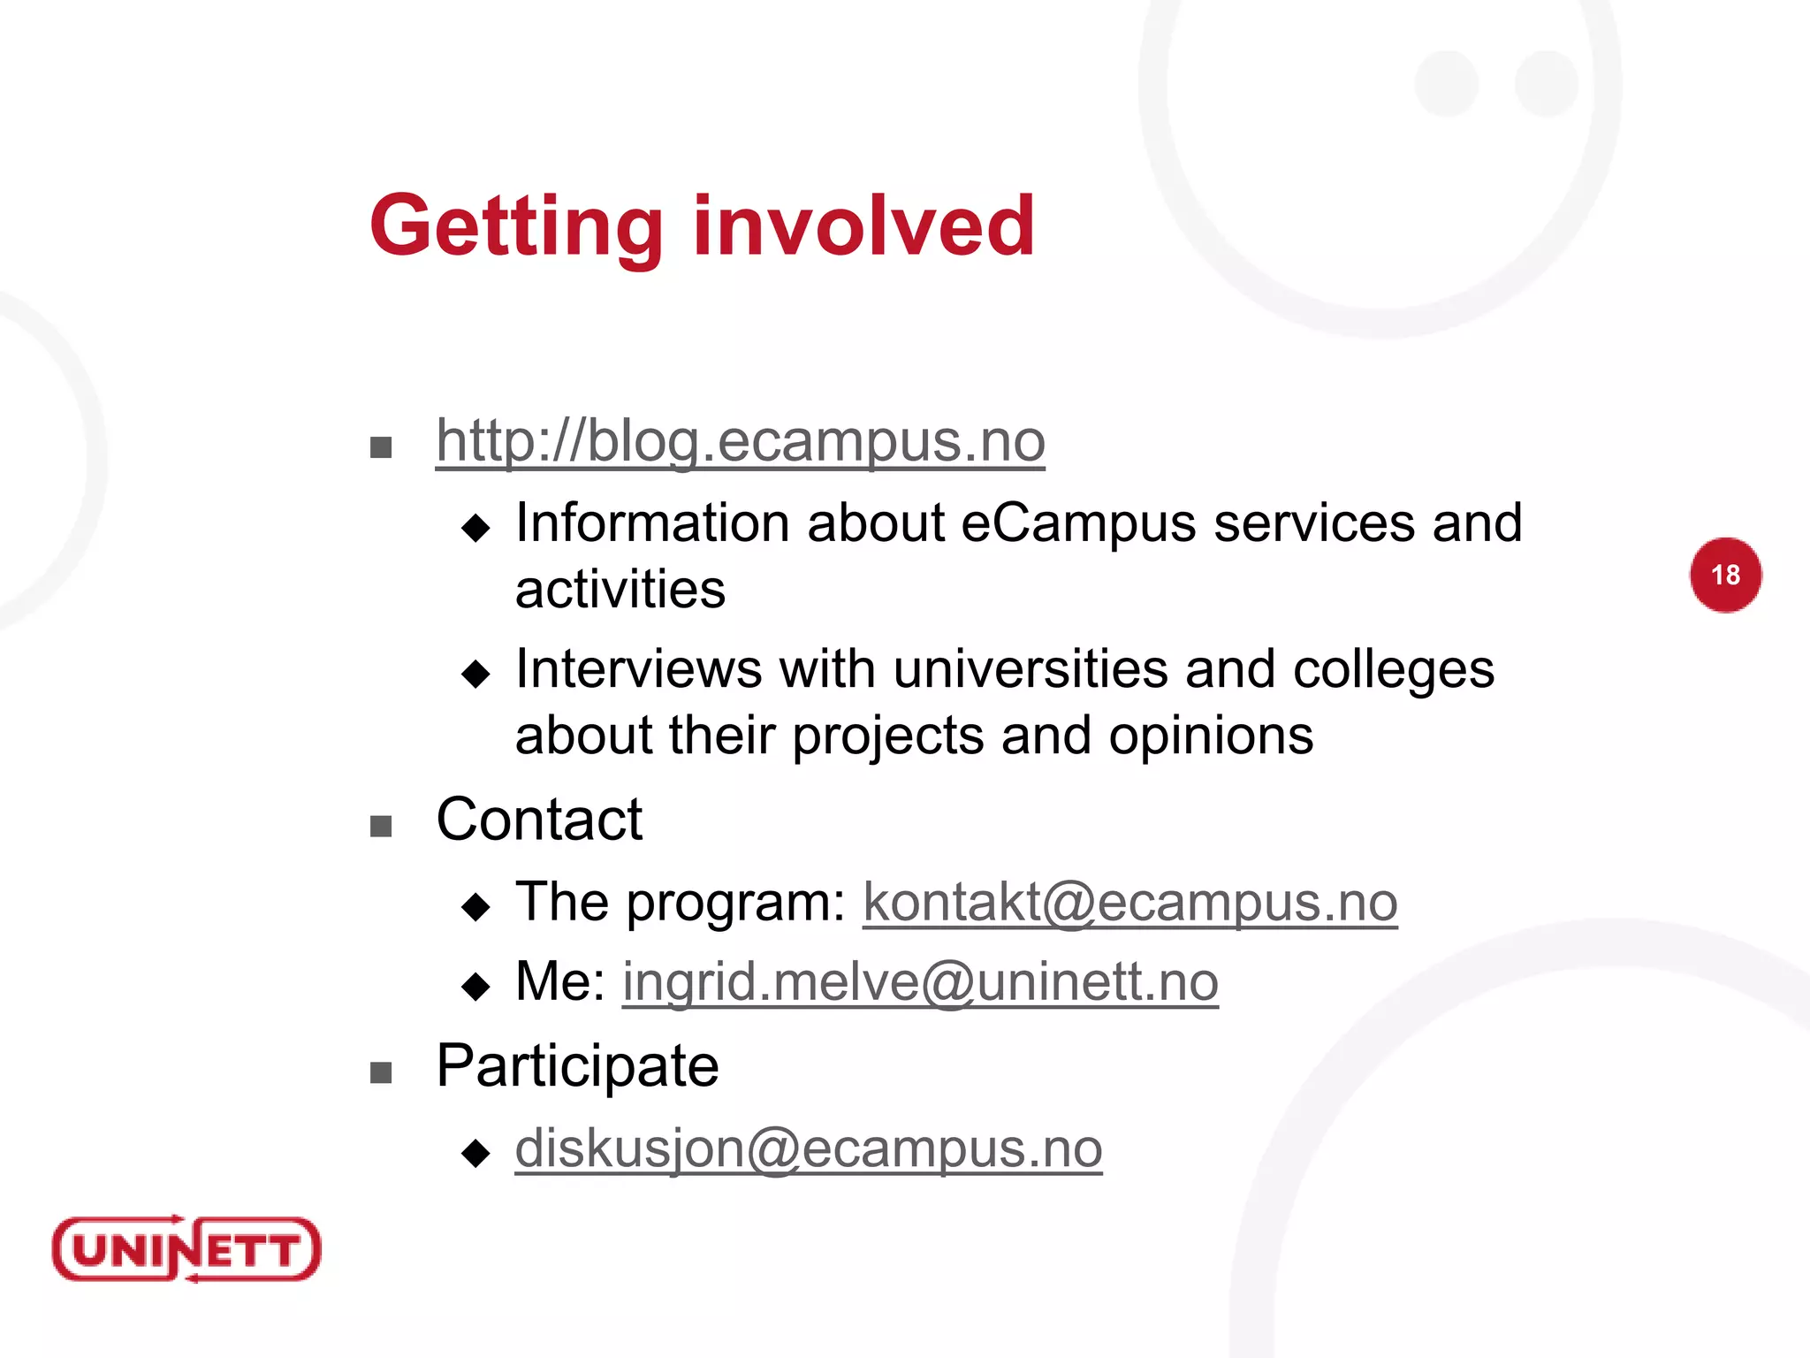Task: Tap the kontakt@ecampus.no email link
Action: [1129, 903]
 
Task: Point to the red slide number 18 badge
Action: [1725, 575]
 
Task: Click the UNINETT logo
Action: [186, 1249]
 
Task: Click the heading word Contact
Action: [539, 820]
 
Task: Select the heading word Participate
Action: [577, 1066]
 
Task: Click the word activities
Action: [620, 590]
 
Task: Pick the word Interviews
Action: [638, 669]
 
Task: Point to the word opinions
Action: [1211, 736]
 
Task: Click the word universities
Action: [1030, 669]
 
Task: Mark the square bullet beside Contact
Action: [381, 827]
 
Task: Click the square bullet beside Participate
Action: [381, 1073]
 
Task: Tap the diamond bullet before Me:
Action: [475, 986]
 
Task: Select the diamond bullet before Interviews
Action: [475, 675]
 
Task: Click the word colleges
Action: [1393, 669]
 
